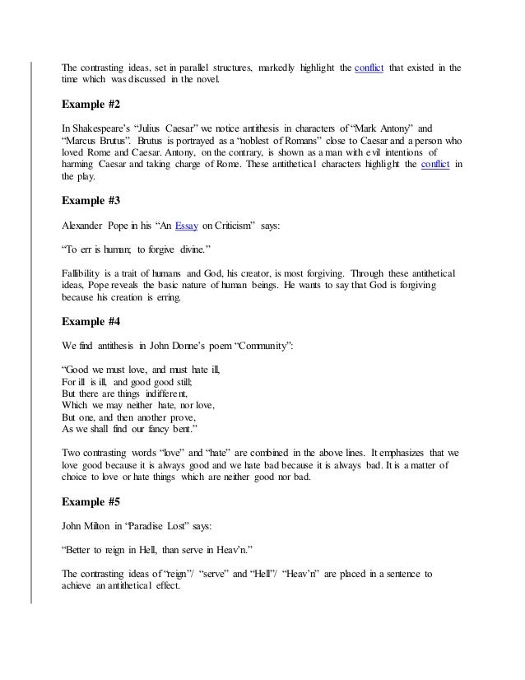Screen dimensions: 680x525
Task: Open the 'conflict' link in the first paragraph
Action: coord(369,67)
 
